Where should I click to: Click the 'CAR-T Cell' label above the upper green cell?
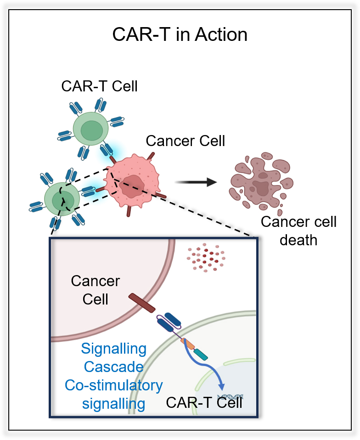(x=100, y=86)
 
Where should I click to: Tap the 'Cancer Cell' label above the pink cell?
(x=186, y=141)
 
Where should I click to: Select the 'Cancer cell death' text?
(x=298, y=231)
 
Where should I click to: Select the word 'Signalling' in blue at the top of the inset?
(x=113, y=349)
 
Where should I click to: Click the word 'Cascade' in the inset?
(x=113, y=367)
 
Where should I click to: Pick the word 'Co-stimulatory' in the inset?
(x=113, y=385)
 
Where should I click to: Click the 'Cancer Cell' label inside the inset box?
(x=96, y=290)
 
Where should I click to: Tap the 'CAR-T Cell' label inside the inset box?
(x=204, y=403)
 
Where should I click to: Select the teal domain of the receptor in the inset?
(x=201, y=354)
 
